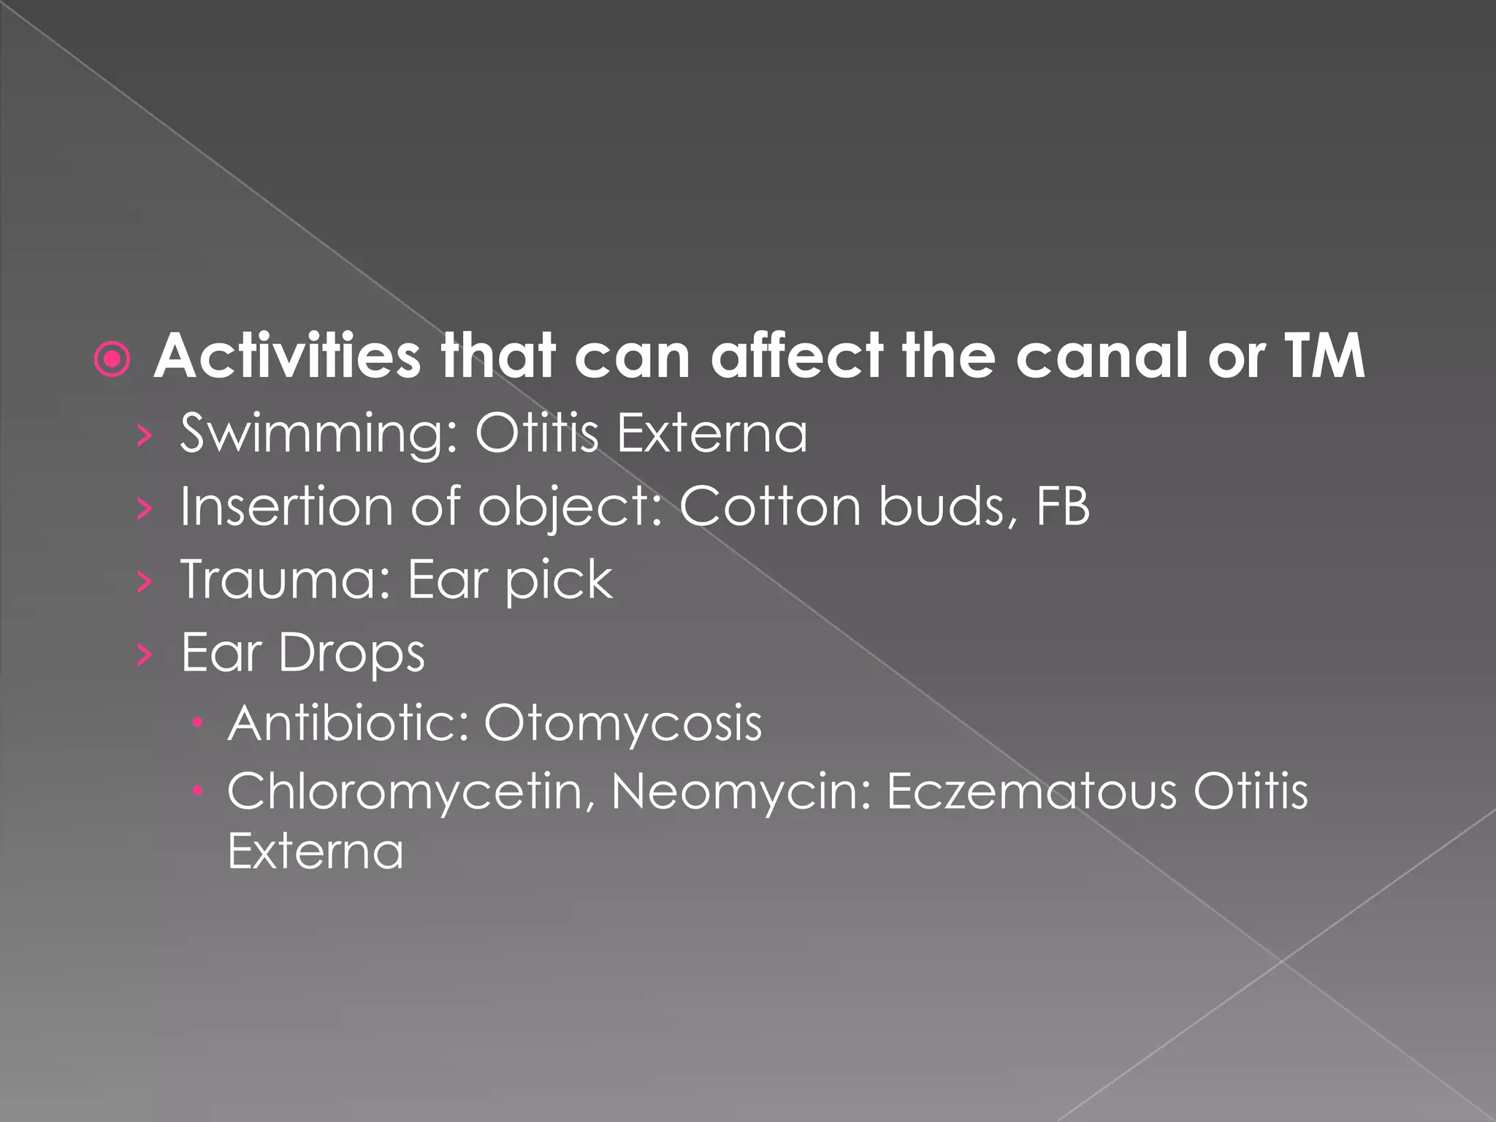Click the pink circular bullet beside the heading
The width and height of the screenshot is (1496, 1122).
tap(112, 360)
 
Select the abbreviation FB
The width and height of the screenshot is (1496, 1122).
tap(1063, 506)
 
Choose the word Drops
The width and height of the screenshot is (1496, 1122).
tap(351, 653)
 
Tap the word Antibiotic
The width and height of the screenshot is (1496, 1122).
tap(348, 723)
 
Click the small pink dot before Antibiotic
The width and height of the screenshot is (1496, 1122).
tap(197, 724)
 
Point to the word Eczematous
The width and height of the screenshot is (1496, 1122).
tap(1031, 791)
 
